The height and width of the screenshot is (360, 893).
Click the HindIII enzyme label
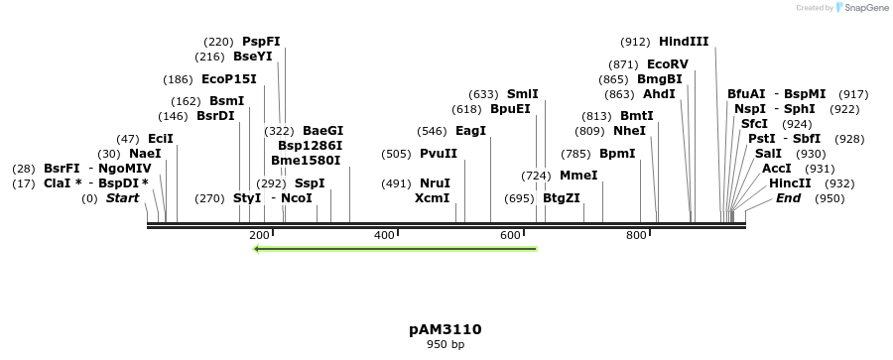[684, 42]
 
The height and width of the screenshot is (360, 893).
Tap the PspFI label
[261, 42]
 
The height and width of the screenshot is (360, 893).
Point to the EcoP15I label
[228, 78]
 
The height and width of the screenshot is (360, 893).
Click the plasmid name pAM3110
[446, 329]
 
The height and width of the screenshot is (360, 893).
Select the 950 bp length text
[446, 345]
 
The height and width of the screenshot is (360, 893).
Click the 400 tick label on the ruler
[385, 235]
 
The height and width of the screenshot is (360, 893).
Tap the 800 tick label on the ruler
[636, 235]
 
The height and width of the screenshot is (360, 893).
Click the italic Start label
[122, 198]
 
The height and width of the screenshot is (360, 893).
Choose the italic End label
[788, 198]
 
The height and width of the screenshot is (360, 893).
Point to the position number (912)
[635, 42]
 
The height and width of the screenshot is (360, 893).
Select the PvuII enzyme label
[438, 154]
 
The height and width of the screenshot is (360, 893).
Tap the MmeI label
[578, 176]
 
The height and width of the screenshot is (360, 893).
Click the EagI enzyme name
[470, 131]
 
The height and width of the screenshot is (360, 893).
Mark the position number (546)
[431, 131]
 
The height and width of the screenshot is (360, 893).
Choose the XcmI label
[432, 198]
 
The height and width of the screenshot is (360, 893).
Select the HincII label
[790, 183]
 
